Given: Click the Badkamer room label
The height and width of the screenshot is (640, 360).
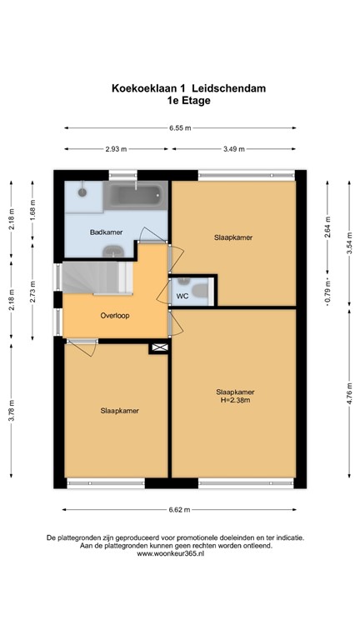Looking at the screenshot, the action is coord(106,232).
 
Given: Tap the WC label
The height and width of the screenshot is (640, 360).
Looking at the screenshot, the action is coord(182,296).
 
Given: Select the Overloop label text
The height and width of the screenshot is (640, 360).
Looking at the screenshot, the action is coord(115,316).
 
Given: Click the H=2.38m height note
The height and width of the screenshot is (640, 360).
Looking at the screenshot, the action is coord(235,400).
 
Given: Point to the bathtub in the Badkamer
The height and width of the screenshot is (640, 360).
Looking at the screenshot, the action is coord(137,195).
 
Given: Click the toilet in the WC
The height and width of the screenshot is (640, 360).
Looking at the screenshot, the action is coord(200,291).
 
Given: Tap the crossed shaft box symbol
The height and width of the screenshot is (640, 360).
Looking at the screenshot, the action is coord(160,347).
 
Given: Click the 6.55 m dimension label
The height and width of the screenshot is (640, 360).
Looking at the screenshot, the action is coord(180,127).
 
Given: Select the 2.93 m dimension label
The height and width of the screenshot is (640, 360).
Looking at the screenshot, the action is coord(116,149).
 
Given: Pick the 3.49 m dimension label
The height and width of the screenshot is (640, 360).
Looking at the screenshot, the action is coord(234,149).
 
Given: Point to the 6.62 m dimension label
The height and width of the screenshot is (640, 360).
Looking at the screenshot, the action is coord(179,509).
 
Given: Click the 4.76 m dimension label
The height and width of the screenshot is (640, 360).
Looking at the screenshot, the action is coord(349,393).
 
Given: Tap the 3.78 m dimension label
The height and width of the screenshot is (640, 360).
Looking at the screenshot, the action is coord(11,410).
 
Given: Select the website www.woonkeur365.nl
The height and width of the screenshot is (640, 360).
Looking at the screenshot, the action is coord(171,554).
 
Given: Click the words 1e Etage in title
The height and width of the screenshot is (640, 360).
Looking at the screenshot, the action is coord(188,100).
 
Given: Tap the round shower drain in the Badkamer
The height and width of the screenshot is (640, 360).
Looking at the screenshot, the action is coord(82,192).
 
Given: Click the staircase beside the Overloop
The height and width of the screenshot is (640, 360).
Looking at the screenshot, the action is coord(97,277).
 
